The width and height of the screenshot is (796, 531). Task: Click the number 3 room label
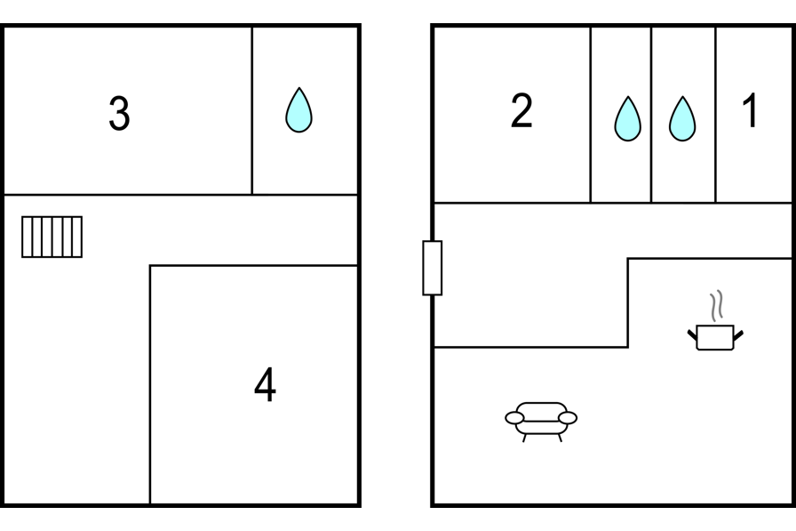point(119,113)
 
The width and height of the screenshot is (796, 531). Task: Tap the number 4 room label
point(265,385)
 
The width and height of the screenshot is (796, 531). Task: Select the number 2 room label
point(521,110)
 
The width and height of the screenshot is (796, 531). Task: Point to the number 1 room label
point(751,111)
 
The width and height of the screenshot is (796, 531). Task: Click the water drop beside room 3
point(298,110)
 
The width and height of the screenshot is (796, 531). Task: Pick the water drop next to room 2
point(628,119)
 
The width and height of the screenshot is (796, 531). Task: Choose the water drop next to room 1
point(682,119)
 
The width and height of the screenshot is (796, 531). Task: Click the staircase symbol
point(52,237)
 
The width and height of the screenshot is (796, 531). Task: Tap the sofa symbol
point(541,419)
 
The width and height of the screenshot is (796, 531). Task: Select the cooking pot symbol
point(715,337)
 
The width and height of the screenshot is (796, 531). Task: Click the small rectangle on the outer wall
point(432,267)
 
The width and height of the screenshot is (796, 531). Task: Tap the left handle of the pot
point(693,334)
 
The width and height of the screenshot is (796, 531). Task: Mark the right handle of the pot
point(737,334)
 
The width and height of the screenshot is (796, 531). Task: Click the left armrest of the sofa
point(514,417)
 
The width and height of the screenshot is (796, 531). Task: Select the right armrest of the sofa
point(569,417)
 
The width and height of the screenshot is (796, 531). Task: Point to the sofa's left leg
point(523,437)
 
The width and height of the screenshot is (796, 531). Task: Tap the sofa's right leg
point(560,437)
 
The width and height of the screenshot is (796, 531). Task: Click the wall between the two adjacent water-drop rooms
point(651,114)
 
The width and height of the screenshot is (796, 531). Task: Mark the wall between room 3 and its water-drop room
point(251,110)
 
